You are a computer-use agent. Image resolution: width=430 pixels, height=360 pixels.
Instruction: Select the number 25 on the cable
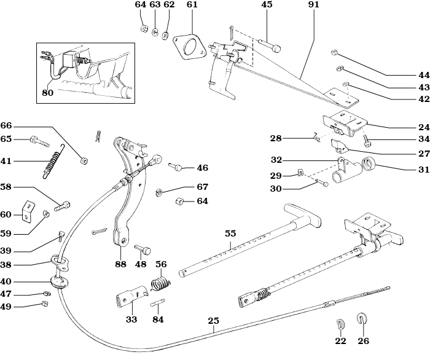coord(213,320)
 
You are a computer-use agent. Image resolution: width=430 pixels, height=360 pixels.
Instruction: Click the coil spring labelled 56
coord(161,283)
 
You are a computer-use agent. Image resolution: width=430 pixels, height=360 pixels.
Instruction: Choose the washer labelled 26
coord(362,319)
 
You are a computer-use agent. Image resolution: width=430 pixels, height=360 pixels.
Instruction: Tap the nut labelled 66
coord(84,161)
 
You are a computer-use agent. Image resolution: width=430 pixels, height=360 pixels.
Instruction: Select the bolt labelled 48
coord(145,248)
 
